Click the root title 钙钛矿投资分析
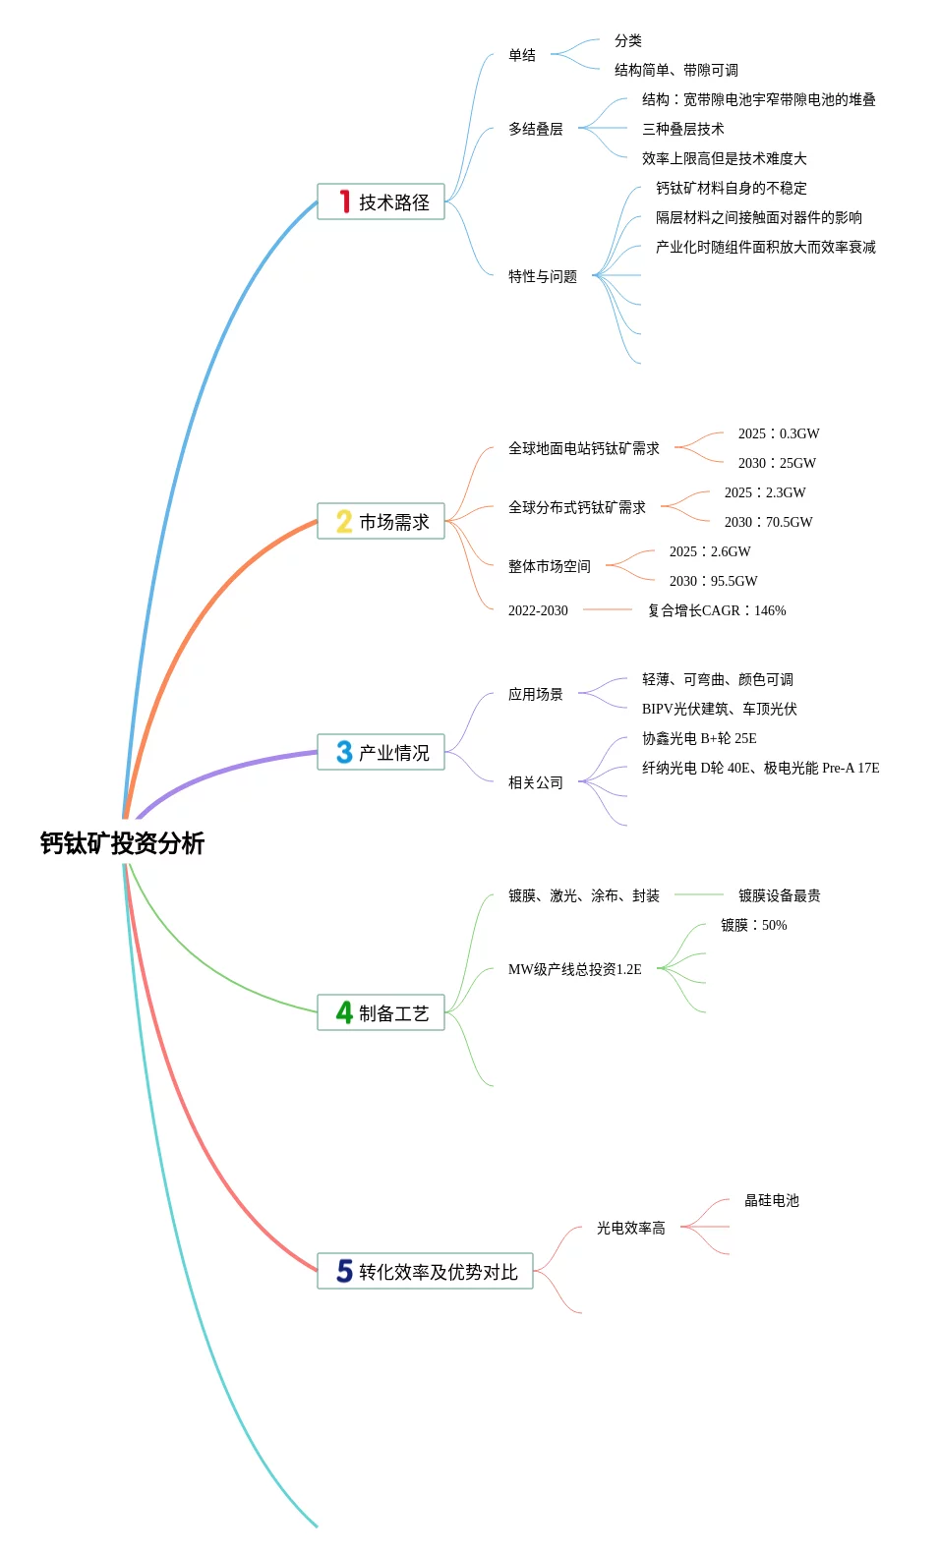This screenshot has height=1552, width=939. pos(122,843)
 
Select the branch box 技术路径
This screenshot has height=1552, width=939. pos(381,201)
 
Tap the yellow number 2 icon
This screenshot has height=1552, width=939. pos(343,521)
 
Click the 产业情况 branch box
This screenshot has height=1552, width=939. pos(381,752)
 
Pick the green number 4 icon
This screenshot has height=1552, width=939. pos(343,1012)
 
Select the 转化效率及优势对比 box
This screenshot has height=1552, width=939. pos(425,1271)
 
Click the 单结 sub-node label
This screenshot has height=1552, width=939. pos(522,55)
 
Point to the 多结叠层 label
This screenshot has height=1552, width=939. pos(536,129)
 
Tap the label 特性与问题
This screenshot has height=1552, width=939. pos(543,276)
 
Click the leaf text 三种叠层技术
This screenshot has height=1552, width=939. pos(683,129)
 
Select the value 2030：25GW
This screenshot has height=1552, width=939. pos(777,463)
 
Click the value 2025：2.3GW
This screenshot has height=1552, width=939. pos(765,492)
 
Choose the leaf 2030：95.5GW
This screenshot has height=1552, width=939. pos(713,581)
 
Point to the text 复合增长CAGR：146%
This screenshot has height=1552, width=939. pos(717,610)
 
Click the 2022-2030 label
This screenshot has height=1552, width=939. pos(538,610)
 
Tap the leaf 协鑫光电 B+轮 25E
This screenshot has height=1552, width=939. pos(699,738)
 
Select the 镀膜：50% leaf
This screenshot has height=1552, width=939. pos(753,925)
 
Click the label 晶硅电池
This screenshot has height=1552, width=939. pos(772,1200)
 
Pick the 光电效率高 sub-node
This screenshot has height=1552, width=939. pos(631,1228)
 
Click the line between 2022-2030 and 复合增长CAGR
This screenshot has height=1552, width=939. pos(608,609)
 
